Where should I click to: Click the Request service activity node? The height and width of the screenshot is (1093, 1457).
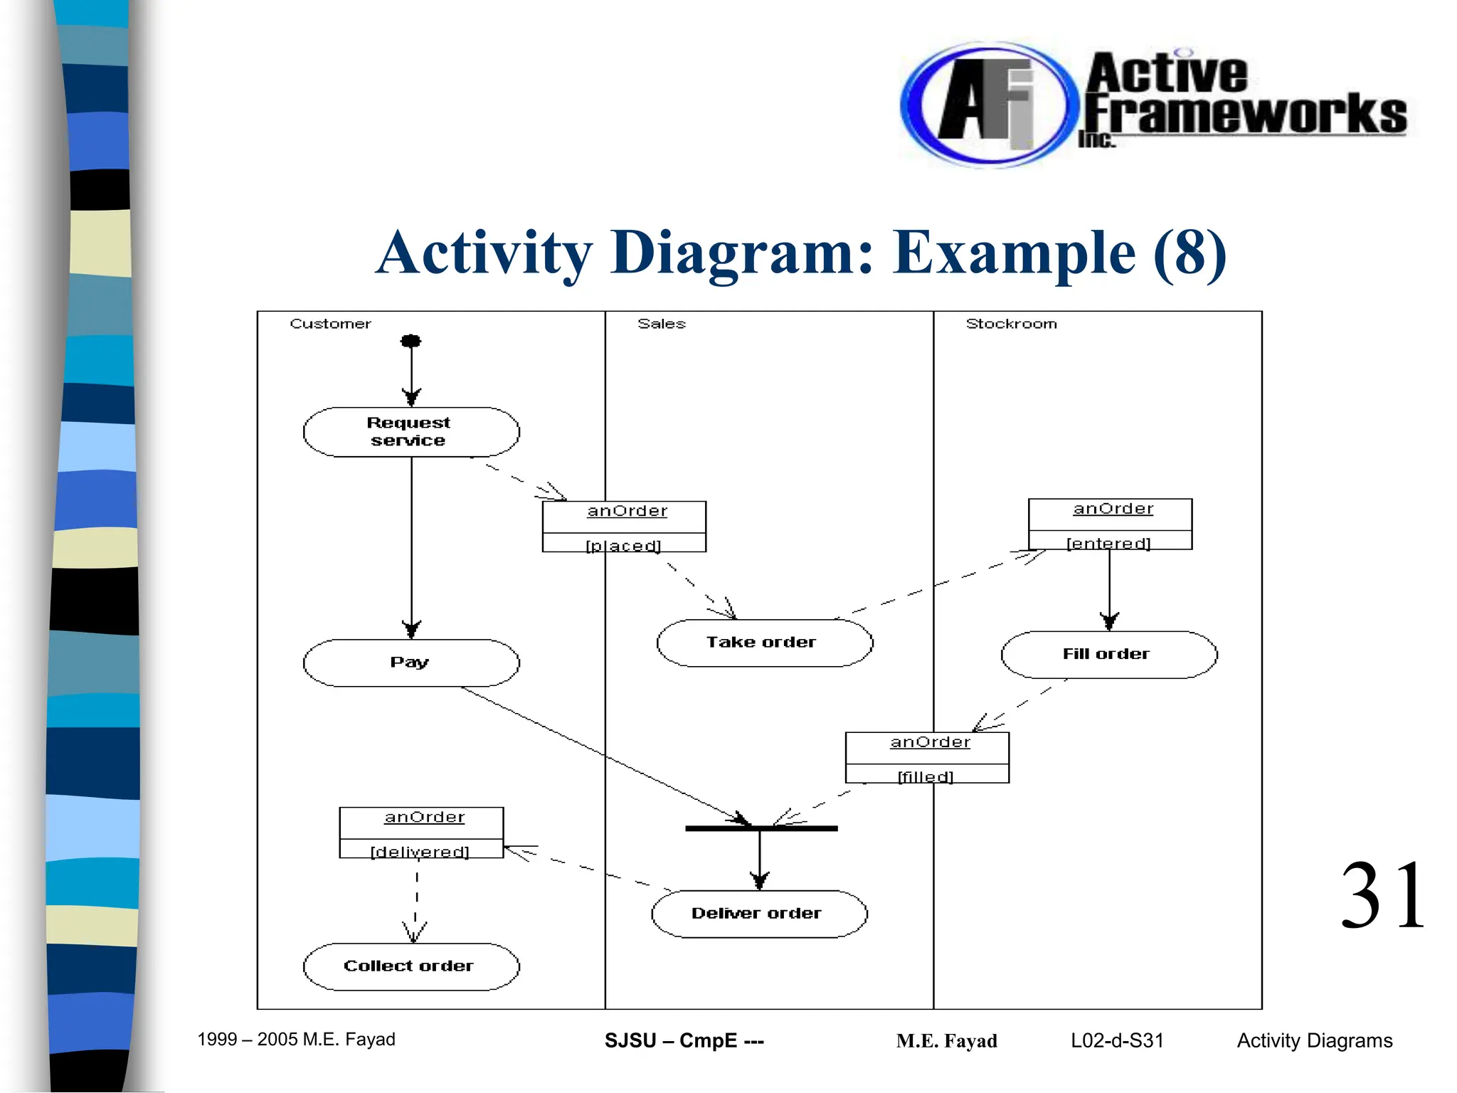pyautogui.click(x=411, y=432)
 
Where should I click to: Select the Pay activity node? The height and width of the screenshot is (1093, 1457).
pyautogui.click(x=411, y=662)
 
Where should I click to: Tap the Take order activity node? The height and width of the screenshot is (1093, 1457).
pyautogui.click(x=764, y=643)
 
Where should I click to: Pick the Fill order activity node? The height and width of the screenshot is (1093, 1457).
pyautogui.click(x=1108, y=655)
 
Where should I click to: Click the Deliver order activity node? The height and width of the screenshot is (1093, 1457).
pyautogui.click(x=759, y=914)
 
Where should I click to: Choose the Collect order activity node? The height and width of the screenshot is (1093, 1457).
pyautogui.click(x=411, y=966)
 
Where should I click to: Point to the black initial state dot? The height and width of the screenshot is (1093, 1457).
pyautogui.click(x=410, y=341)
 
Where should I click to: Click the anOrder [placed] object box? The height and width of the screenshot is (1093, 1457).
pyautogui.click(x=624, y=527)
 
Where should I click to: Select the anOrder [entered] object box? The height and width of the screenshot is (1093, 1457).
pyautogui.click(x=1110, y=524)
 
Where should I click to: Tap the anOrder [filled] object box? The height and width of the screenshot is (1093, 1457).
pyautogui.click(x=927, y=758)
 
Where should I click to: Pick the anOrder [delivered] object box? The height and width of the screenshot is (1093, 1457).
pyautogui.click(x=421, y=833)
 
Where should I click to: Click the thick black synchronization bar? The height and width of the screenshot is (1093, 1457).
pyautogui.click(x=761, y=828)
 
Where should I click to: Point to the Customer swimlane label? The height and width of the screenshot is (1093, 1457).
pyautogui.click(x=330, y=324)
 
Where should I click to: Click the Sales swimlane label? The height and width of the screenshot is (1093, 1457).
pyautogui.click(x=662, y=324)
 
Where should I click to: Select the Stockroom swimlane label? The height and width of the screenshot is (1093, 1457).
pyautogui.click(x=1011, y=324)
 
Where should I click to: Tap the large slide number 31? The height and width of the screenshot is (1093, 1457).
pyautogui.click(x=1382, y=896)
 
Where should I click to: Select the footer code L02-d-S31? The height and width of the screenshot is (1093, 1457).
pyautogui.click(x=1117, y=1040)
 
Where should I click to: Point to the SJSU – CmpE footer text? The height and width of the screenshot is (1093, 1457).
pyautogui.click(x=684, y=1040)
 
